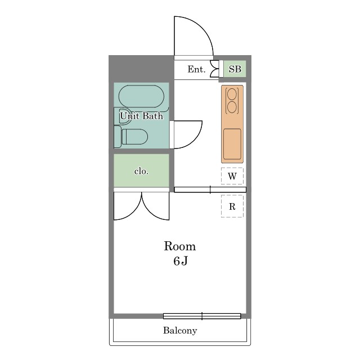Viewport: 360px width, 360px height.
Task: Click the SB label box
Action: [235, 69]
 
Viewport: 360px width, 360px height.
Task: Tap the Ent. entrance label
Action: [196, 69]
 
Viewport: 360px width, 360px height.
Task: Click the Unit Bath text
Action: [142, 116]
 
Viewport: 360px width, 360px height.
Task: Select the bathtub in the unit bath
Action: [141, 96]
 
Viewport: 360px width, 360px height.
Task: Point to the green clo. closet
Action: [141, 170]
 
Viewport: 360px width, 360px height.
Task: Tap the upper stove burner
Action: [232, 94]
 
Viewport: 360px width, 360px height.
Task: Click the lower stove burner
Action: [232, 107]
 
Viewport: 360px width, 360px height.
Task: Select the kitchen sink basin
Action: [232, 144]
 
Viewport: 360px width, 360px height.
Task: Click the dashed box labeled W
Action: [232, 176]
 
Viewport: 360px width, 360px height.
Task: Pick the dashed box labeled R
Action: [232, 206]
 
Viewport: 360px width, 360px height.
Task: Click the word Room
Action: [180, 246]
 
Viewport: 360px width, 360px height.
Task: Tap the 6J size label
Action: [181, 261]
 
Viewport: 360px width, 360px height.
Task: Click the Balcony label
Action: [180, 331]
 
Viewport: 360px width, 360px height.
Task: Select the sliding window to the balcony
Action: [202, 316]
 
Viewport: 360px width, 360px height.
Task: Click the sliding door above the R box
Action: [210, 190]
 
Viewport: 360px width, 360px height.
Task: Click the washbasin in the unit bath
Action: [122, 116]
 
